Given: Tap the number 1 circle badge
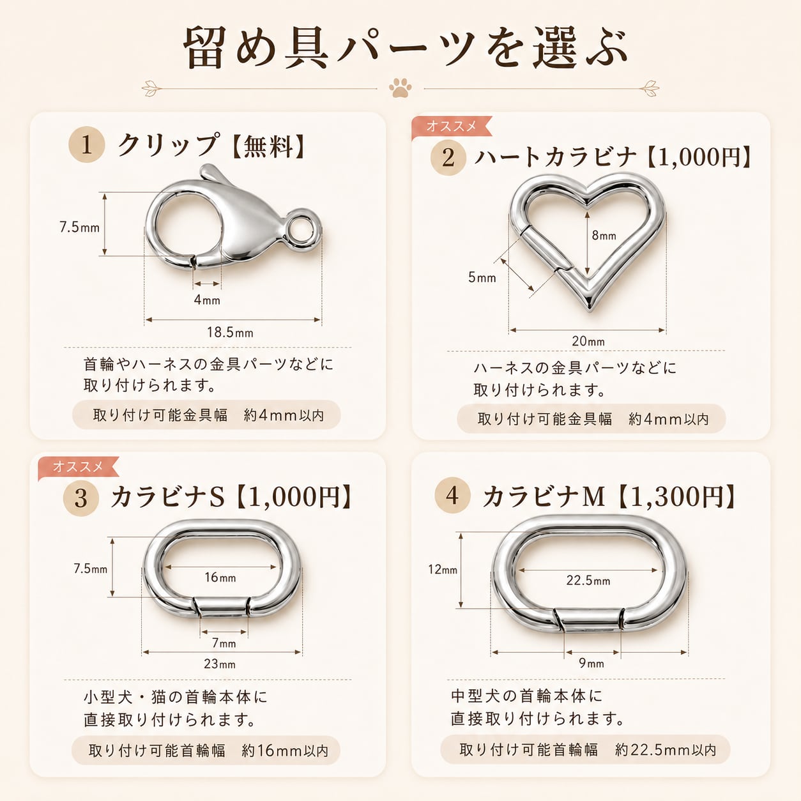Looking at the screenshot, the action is pyautogui.click(x=86, y=145).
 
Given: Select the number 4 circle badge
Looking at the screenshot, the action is pyautogui.click(x=452, y=495).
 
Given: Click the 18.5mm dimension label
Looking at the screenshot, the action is pyautogui.click(x=230, y=333).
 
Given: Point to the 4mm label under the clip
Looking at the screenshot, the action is pyautogui.click(x=207, y=300).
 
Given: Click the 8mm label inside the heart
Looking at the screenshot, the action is pyautogui.click(x=604, y=236).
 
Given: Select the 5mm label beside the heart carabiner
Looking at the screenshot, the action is pyautogui.click(x=482, y=277).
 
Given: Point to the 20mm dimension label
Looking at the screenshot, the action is pyautogui.click(x=588, y=341).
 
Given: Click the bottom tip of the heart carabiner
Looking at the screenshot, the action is pyautogui.click(x=590, y=310).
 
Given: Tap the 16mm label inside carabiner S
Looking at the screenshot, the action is pyautogui.click(x=220, y=577).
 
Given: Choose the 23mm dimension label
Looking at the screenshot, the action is pyautogui.click(x=220, y=664).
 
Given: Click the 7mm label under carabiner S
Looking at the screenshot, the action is pyautogui.click(x=224, y=643).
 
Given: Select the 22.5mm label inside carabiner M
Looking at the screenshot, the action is pyautogui.click(x=588, y=580).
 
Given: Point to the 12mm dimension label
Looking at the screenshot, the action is pyautogui.click(x=443, y=569).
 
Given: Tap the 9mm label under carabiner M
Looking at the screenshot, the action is pyautogui.click(x=591, y=663).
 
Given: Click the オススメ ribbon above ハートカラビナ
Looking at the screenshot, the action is pyautogui.click(x=452, y=126).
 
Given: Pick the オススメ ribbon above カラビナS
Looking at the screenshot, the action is pyautogui.click(x=78, y=467).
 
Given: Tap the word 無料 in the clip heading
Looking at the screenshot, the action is pyautogui.click(x=268, y=146).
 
